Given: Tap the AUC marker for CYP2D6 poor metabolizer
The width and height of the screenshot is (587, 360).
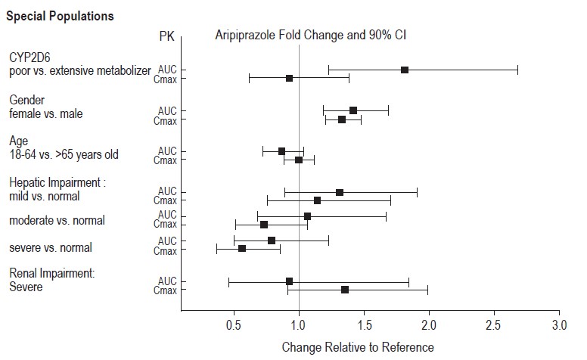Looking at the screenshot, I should coord(405,70).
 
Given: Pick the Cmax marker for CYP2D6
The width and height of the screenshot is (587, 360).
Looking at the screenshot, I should coord(289,78).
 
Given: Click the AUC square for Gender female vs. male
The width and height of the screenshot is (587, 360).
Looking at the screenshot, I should coord(353,110).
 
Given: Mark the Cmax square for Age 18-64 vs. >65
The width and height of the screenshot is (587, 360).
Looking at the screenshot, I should coord(299,160).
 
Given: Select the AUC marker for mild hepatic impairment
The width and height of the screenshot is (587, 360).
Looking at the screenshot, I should coord(340,192).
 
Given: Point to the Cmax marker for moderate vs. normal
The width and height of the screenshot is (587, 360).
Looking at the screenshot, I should coord(264,225).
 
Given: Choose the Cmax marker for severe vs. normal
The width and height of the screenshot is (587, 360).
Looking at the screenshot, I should coord(242,249).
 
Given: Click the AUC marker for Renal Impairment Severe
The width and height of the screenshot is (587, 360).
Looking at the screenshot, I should coord(289,281).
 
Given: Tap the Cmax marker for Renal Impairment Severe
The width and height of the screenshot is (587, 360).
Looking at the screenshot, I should coord(345,290).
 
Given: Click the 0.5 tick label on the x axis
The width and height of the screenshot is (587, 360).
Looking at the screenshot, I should coord(234,325).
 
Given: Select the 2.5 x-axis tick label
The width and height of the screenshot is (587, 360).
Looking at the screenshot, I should coord(494,325).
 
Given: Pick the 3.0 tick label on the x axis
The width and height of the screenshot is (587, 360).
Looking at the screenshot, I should coord(559,325).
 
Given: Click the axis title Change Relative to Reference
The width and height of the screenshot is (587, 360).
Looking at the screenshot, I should coord(358,347).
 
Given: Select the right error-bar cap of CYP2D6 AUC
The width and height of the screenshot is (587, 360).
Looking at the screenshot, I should coord(518,70).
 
